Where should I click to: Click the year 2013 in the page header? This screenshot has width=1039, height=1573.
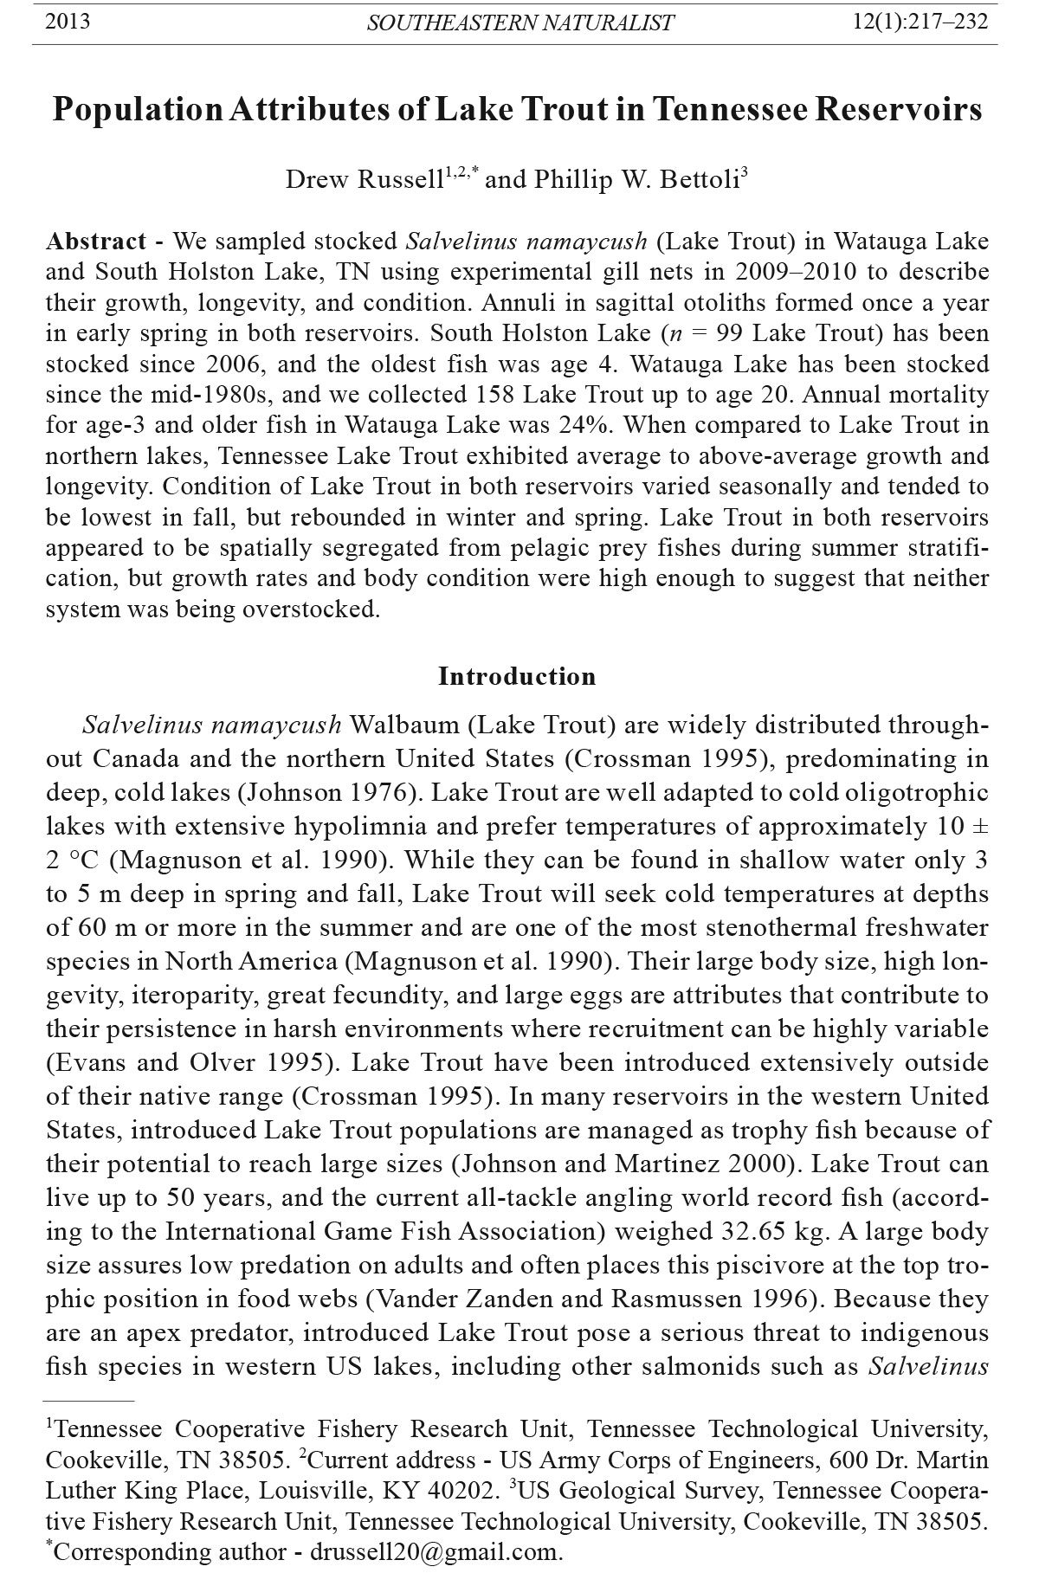(67, 22)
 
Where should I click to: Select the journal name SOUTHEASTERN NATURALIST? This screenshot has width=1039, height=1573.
(519, 23)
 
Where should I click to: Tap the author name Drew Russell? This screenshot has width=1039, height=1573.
(365, 179)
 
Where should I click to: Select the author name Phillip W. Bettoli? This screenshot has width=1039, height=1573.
(636, 179)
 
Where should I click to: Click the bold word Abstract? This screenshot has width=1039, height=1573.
(96, 241)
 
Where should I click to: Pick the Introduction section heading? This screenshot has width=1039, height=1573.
(517, 676)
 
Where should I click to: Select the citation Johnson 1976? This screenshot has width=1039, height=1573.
(332, 792)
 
